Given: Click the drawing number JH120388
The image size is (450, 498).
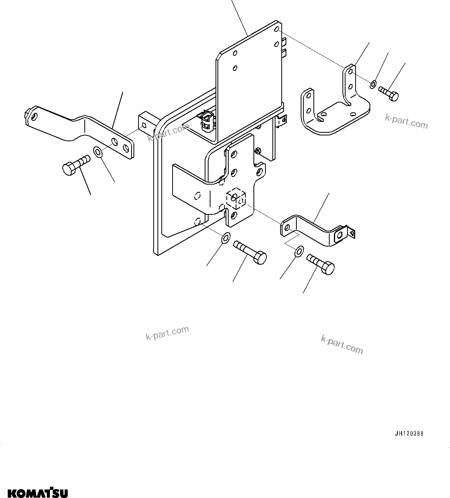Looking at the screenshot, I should pos(409,434).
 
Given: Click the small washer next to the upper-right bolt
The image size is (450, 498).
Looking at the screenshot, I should pos(373,84).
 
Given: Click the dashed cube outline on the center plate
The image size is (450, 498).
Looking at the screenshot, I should pos(236,199).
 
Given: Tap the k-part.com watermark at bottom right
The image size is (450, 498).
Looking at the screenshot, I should pos(342,344).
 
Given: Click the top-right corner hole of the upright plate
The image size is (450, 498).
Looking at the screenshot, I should pos(276,29).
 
